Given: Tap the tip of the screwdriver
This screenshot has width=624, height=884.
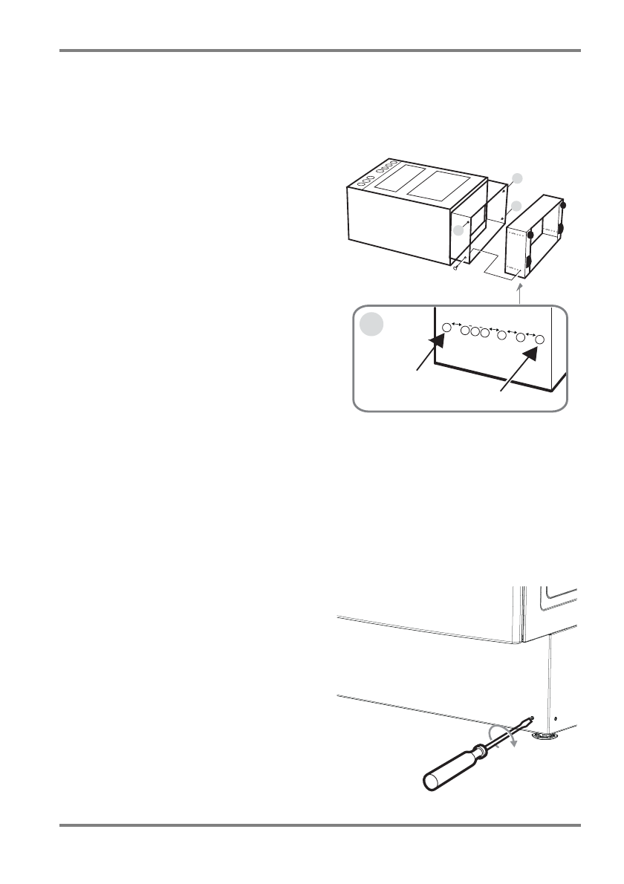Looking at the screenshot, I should click(x=532, y=718).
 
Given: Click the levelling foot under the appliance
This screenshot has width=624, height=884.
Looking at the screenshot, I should click(x=545, y=736).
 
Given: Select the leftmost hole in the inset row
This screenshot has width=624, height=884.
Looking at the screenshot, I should click(x=446, y=327).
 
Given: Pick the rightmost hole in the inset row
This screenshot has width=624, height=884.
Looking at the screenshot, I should click(x=541, y=339).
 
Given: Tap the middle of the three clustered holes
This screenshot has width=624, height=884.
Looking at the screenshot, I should click(x=475, y=332).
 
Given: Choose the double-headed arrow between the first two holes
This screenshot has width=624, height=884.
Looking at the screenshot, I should click(x=456, y=324).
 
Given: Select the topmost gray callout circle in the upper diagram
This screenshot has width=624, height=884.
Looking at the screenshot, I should click(x=518, y=178).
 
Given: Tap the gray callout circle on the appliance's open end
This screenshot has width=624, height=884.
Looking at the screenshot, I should click(x=460, y=230).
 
